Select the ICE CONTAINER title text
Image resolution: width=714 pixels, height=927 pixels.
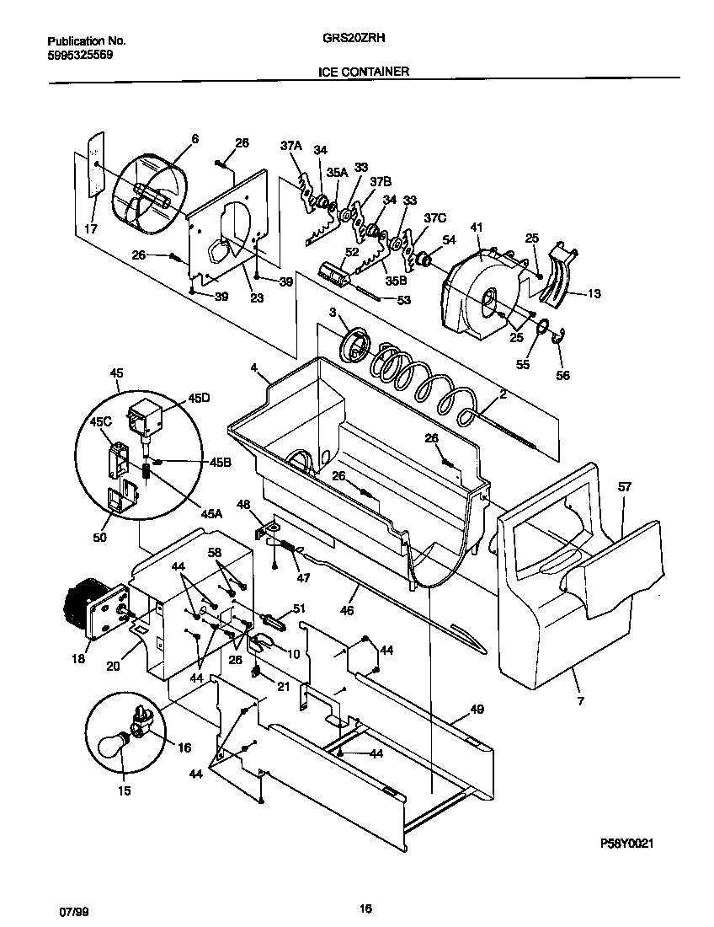pos(364,72)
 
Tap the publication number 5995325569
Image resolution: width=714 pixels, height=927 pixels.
pos(80,54)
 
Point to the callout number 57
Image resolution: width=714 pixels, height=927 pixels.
pos(624,487)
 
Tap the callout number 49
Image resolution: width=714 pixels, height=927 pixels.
pos(477,710)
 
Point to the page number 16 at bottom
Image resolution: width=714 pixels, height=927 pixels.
pos(365,908)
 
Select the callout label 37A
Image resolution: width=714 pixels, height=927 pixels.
pos(290,146)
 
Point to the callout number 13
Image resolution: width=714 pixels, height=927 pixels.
pos(594,294)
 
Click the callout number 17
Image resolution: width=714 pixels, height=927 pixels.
pos(91,229)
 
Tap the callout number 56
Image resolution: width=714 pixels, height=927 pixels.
pos(562,375)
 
